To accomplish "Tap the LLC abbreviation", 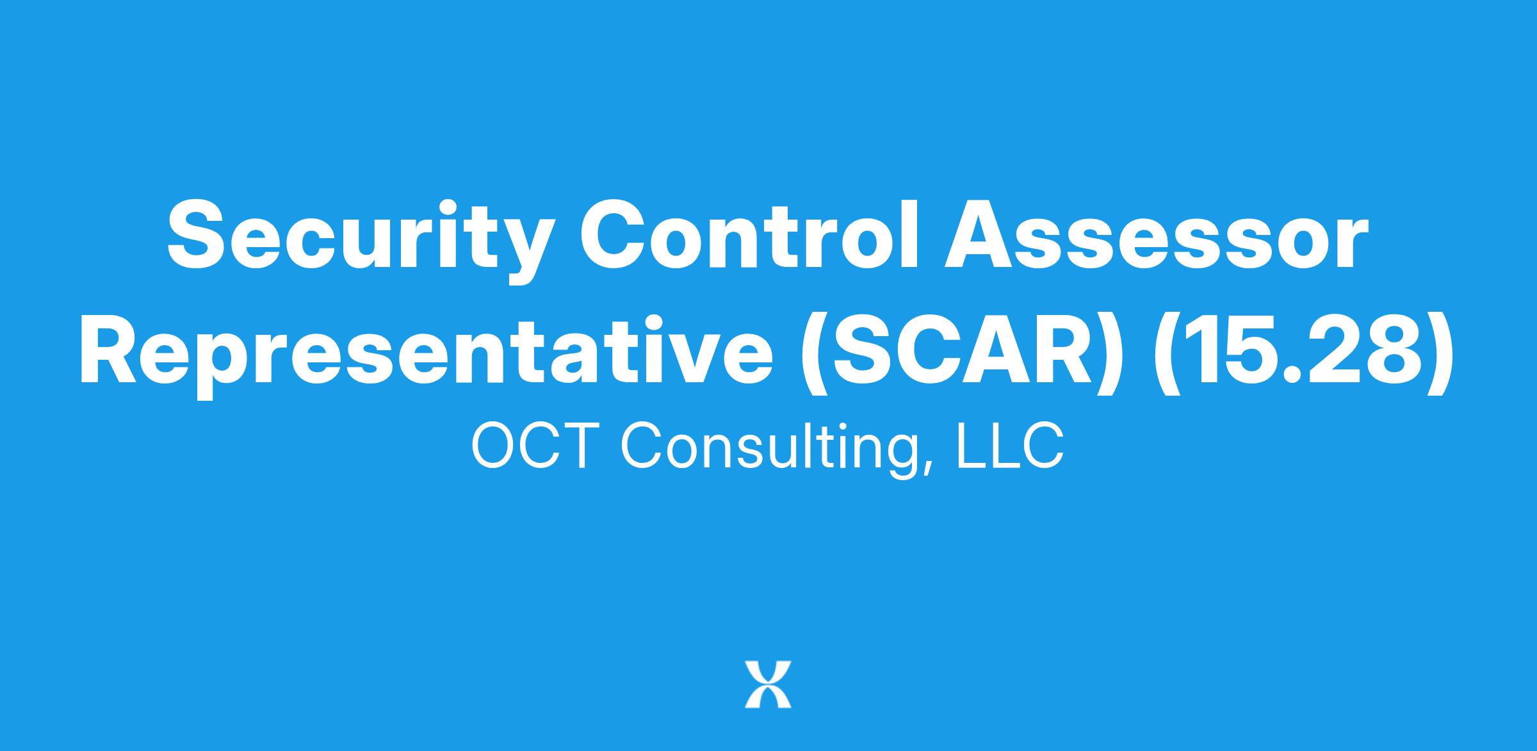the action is [x=1011, y=446].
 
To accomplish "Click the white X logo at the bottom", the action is [x=768, y=684].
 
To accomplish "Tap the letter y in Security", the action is [x=530, y=250].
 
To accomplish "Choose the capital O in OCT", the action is [x=492, y=446].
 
